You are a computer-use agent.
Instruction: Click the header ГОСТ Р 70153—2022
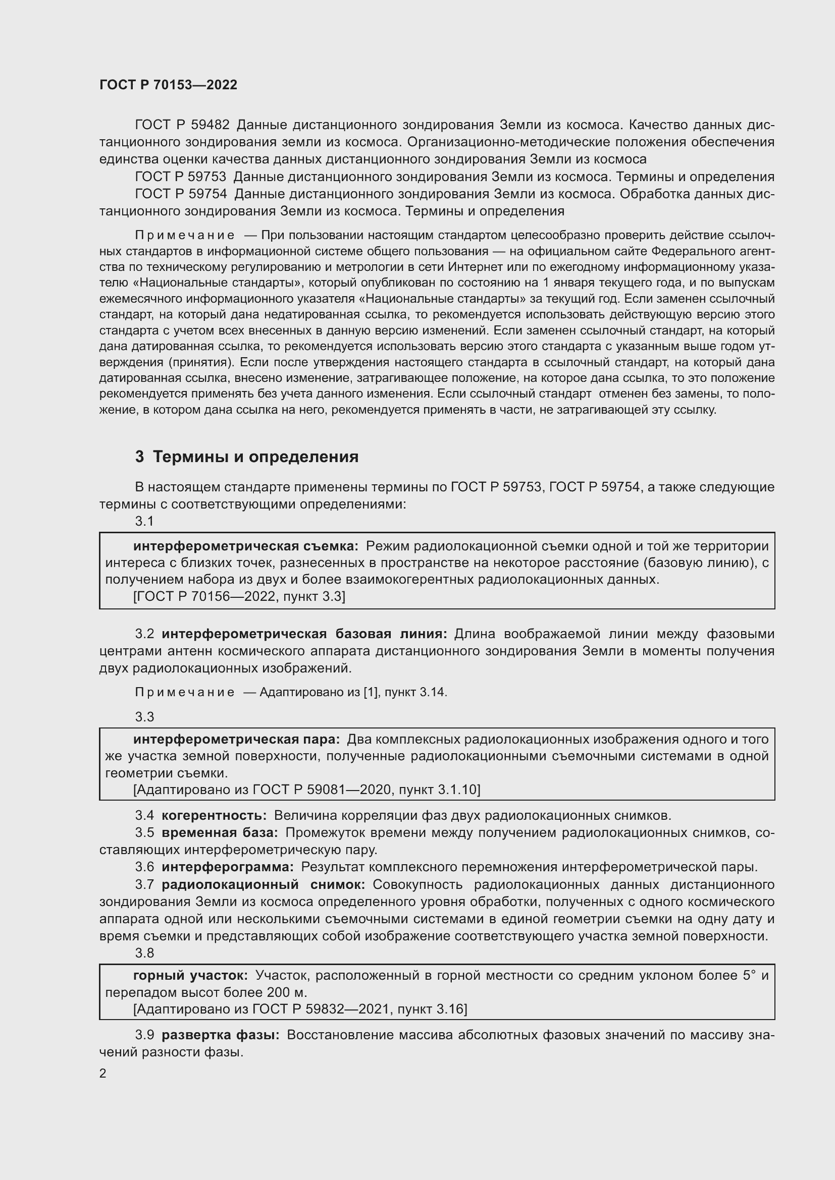(168, 85)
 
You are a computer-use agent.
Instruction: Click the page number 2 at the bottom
(103, 1073)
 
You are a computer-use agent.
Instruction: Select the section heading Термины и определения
(255, 457)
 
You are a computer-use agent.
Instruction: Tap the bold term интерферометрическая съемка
(245, 546)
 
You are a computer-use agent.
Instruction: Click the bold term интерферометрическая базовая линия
(304, 634)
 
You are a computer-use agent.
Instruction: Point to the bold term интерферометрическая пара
(236, 739)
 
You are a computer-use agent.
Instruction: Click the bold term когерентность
(214, 815)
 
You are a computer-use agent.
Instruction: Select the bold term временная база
(220, 832)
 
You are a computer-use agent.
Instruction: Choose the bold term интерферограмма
(227, 867)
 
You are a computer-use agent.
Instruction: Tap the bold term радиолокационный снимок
(263, 884)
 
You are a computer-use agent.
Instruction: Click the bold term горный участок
(190, 975)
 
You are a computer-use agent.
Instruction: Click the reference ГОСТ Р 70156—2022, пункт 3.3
(239, 596)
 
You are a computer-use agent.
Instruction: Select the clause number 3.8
(144, 953)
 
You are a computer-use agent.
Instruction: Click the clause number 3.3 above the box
(144, 716)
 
